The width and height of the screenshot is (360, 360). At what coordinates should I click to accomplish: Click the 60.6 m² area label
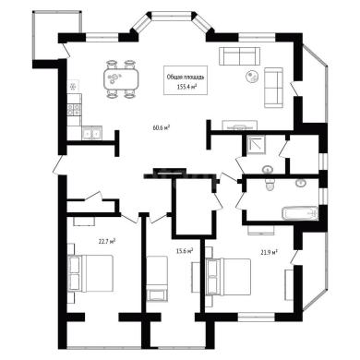point(162,127)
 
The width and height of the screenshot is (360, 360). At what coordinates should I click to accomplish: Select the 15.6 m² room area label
point(185,251)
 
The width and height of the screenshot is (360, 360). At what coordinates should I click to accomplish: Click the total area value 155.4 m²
point(186,87)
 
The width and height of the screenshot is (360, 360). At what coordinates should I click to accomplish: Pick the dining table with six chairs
point(121,79)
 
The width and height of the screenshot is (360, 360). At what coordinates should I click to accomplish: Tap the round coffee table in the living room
point(253,76)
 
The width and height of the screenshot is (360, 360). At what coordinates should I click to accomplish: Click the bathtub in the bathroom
point(300,213)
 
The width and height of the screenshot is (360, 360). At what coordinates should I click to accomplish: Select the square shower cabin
point(257,145)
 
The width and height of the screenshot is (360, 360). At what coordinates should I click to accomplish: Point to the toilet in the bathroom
point(270,186)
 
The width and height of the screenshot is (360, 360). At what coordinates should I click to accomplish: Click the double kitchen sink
point(92,133)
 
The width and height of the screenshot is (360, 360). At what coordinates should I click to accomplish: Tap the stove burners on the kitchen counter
point(74,110)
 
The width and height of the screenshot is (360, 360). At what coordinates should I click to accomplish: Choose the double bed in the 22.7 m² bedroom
point(90,273)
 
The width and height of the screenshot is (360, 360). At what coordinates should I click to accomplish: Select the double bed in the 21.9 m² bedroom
point(228,277)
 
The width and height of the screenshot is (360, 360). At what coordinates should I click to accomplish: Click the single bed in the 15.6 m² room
point(157,279)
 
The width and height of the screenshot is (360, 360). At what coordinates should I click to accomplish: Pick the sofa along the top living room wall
point(240,56)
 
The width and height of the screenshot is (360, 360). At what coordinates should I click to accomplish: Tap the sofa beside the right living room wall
point(273,88)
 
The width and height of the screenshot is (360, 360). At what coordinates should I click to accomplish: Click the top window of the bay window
point(172,15)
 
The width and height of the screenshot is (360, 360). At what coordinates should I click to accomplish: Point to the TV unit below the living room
point(240,126)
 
